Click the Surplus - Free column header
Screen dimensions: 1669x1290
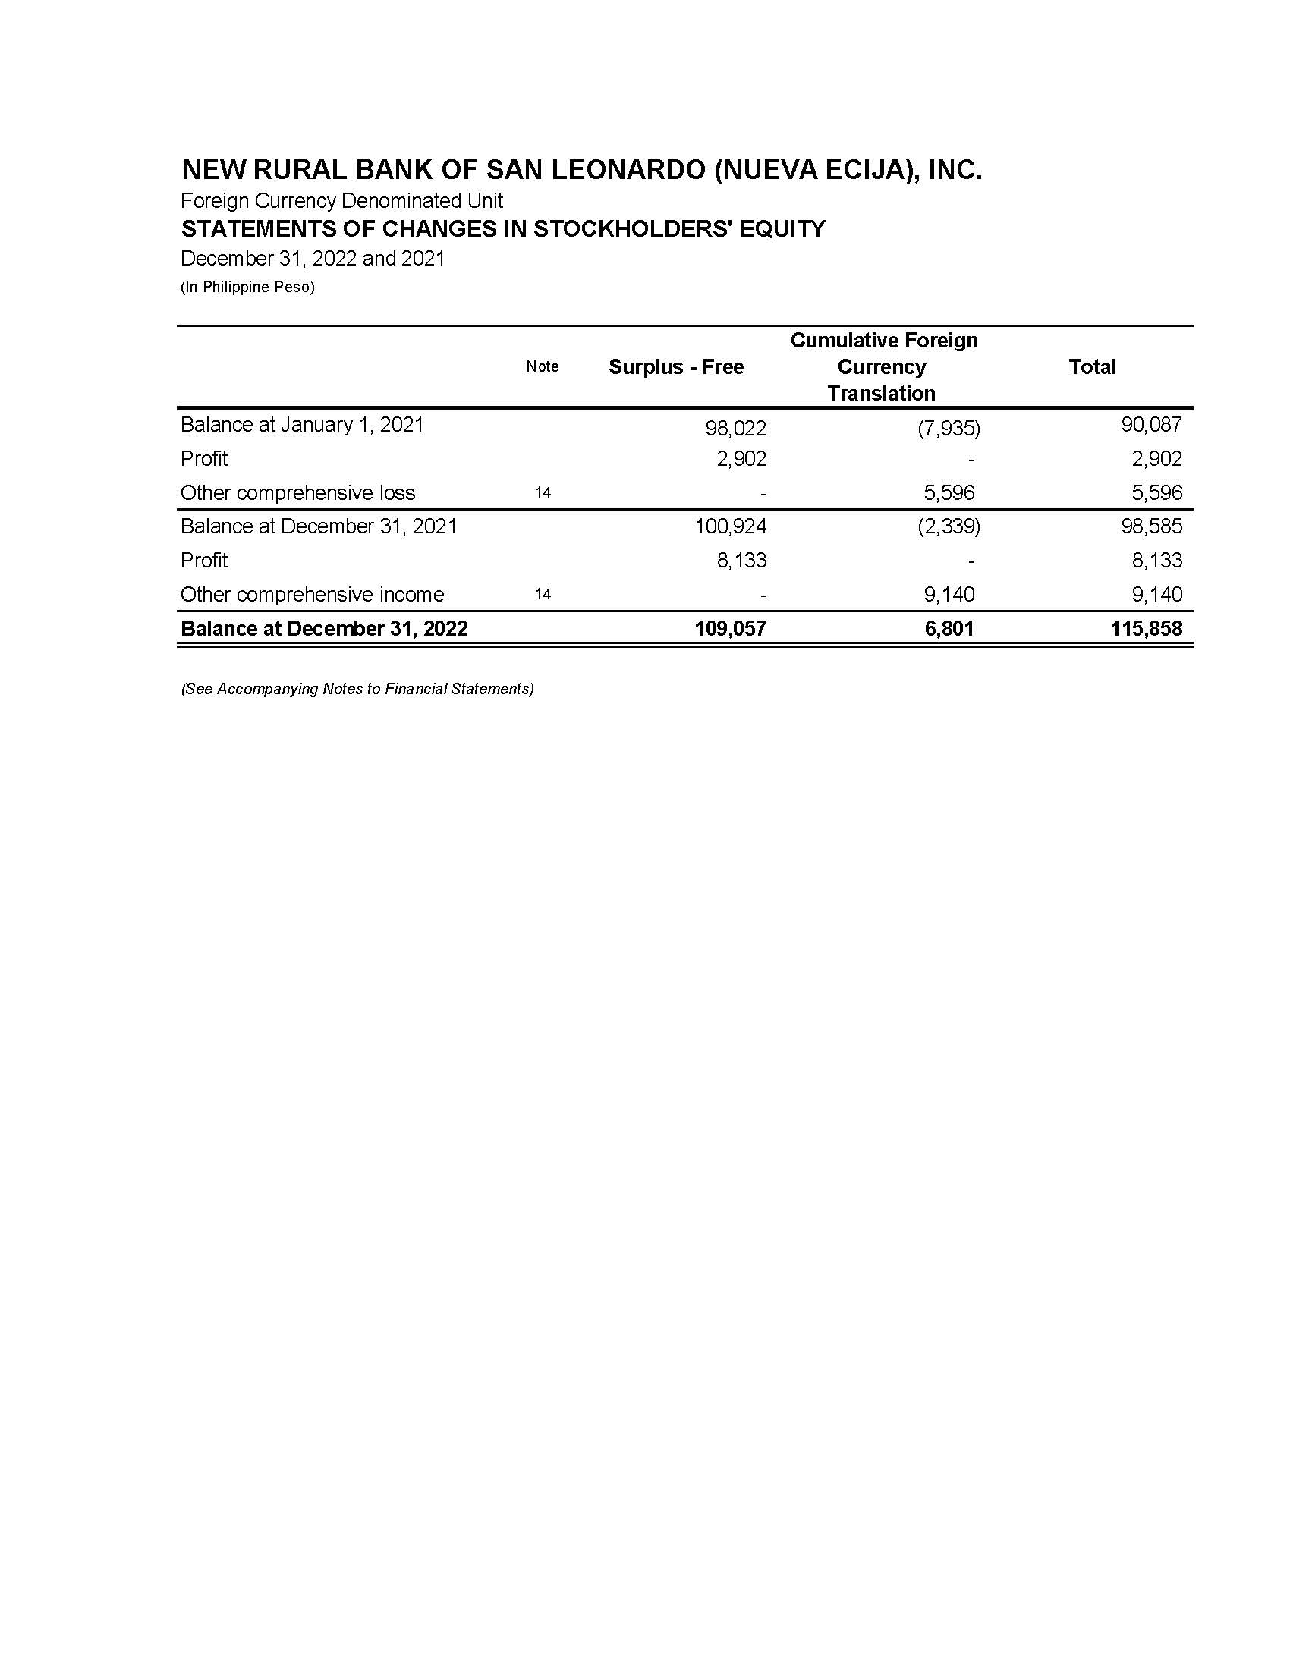[675, 368]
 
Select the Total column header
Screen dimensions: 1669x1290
[1091, 368]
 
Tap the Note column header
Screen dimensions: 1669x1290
[542, 367]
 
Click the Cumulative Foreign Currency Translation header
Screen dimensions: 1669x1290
[883, 367]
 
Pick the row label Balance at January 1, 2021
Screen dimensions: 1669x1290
[302, 425]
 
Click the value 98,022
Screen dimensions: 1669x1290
[735, 428]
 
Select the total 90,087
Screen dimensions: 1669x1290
[1151, 425]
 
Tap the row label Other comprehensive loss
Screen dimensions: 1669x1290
[297, 493]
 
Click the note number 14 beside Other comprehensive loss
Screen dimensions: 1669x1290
[543, 493]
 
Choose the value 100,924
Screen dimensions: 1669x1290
[731, 526]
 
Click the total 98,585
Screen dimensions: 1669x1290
[1151, 526]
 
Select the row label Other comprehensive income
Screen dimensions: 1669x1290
[312, 595]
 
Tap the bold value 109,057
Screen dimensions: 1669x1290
[730, 629]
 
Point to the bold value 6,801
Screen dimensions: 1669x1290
[949, 629]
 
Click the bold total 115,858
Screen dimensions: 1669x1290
[1147, 629]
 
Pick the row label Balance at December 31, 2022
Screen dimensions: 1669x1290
[324, 629]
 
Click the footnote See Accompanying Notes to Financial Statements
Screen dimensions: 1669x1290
[357, 690]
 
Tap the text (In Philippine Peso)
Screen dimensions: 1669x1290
[247, 288]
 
